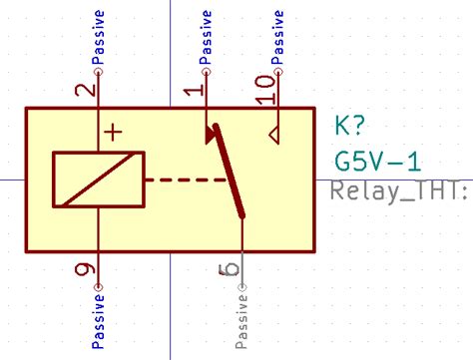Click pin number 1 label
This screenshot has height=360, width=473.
click(196, 91)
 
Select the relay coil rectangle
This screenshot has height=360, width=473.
click(98, 180)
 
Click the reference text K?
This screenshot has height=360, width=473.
click(350, 128)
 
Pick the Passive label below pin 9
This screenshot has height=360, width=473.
click(98, 321)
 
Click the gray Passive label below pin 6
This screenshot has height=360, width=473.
click(241, 321)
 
